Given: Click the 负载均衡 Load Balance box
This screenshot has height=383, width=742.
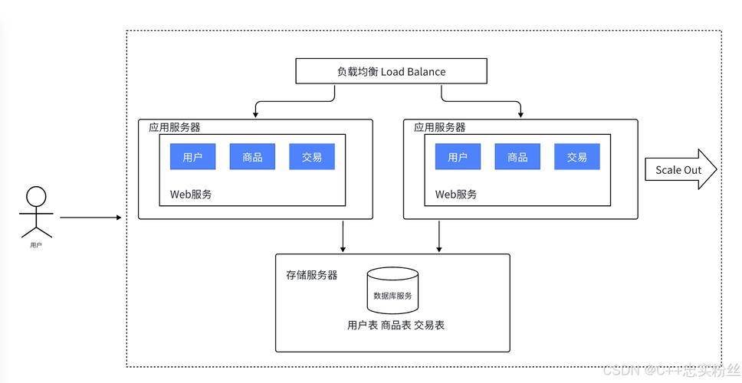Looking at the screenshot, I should click(391, 72).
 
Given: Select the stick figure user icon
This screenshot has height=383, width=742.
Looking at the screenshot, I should click(36, 211).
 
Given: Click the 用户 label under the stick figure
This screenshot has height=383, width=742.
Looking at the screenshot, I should click(36, 245).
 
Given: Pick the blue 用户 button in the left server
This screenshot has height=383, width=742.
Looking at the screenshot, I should click(192, 157).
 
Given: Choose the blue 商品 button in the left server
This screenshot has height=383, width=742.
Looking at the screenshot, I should click(252, 157).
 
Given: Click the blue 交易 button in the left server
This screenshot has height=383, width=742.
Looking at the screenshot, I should click(312, 157).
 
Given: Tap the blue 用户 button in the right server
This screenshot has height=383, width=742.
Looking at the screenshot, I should click(458, 157).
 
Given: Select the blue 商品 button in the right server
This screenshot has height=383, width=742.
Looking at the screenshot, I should click(517, 157).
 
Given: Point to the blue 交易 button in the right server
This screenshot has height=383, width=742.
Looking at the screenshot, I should click(577, 157).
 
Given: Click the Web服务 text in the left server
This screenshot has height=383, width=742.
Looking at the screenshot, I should click(191, 195).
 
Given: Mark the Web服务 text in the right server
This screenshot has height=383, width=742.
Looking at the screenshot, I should click(456, 195).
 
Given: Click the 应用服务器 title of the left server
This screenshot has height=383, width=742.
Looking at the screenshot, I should click(175, 127).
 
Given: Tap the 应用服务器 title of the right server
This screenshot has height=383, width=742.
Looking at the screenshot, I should click(440, 127).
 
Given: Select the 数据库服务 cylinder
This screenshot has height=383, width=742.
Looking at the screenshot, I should click(392, 290).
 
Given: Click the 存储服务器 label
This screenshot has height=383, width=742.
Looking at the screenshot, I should click(312, 274).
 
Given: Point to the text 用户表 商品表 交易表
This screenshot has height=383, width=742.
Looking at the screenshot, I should click(396, 325).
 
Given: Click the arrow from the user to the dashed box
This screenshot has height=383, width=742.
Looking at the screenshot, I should click(90, 218).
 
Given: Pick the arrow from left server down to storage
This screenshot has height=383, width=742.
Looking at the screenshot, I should click(343, 236).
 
